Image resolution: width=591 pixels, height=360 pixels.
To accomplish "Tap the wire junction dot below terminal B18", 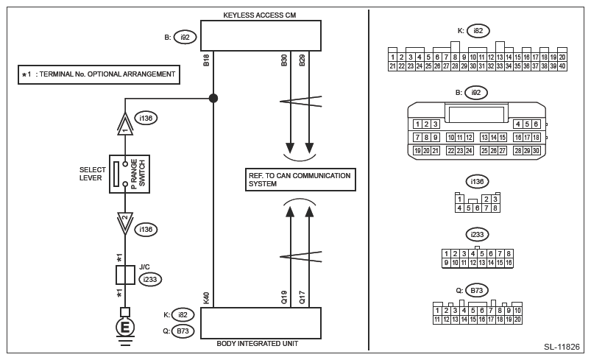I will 213,98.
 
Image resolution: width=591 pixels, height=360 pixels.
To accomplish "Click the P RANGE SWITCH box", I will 129,174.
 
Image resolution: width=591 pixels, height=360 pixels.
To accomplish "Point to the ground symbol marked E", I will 125,326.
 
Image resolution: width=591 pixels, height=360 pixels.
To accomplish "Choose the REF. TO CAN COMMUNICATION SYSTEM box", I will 299,180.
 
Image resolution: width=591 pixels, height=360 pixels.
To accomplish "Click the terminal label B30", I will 284,61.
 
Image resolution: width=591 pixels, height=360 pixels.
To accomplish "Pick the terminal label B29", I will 302,61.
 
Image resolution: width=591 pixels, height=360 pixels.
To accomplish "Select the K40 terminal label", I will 207,297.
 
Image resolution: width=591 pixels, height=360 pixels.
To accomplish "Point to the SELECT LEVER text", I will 93,174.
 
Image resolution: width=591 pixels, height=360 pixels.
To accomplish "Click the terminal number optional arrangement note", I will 99,74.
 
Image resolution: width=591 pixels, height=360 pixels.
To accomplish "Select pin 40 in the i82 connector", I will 563,66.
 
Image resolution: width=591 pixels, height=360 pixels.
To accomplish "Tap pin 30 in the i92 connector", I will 537,150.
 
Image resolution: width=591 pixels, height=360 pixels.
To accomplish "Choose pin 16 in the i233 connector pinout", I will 509,262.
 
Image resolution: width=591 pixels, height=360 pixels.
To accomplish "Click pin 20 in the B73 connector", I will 518,320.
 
